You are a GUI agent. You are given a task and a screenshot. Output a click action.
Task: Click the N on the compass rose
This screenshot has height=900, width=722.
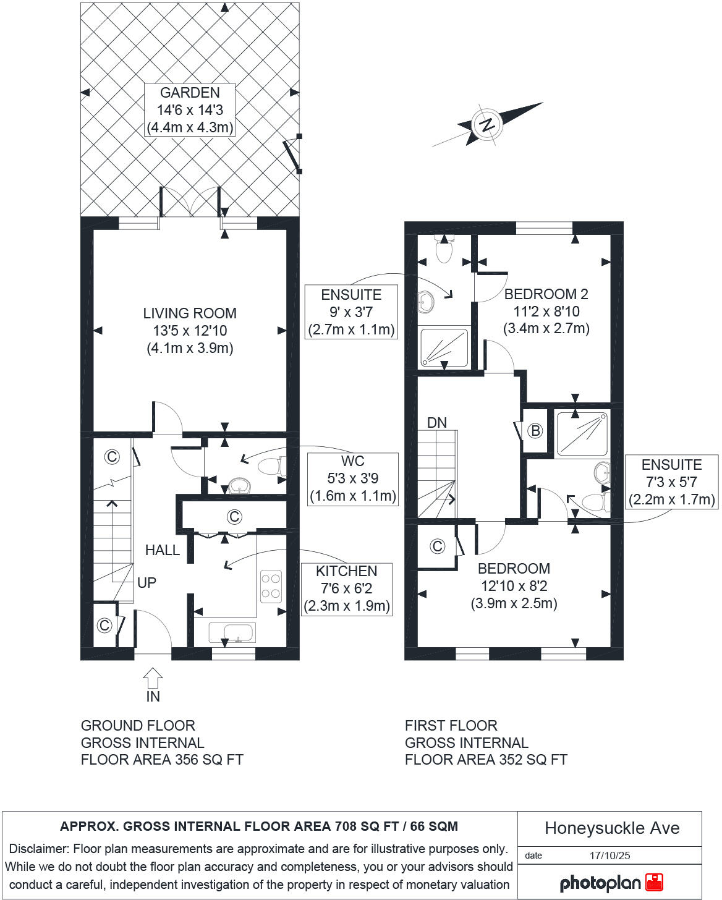(487, 124)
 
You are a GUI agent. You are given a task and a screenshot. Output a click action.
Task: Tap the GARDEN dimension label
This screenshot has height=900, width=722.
(189, 110)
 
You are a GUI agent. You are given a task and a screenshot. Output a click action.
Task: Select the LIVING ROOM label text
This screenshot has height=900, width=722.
(189, 331)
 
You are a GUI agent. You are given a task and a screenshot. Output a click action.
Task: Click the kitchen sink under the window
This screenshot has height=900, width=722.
(232, 633)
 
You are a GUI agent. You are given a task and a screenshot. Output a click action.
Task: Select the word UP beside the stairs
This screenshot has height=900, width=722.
(147, 582)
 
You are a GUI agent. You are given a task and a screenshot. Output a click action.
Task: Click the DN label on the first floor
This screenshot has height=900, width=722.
(437, 423)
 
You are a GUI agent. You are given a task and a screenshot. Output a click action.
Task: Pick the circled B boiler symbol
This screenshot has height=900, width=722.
(535, 431)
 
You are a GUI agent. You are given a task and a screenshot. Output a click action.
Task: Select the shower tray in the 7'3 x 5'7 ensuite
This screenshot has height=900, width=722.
(582, 433)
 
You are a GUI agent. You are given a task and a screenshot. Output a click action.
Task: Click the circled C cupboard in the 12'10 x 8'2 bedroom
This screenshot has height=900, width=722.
(437, 546)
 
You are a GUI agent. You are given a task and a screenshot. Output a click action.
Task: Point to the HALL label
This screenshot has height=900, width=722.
(162, 550)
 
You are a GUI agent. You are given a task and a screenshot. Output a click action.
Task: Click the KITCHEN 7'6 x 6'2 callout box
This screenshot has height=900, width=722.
(346, 588)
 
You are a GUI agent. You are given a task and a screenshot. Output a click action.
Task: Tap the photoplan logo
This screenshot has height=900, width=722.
(610, 883)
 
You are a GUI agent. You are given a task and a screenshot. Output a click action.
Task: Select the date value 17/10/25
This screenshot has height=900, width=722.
(609, 856)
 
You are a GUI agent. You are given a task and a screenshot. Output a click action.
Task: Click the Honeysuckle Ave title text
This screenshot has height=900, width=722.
(611, 828)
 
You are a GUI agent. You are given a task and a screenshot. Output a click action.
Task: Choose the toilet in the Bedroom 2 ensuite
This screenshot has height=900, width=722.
(444, 249)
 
